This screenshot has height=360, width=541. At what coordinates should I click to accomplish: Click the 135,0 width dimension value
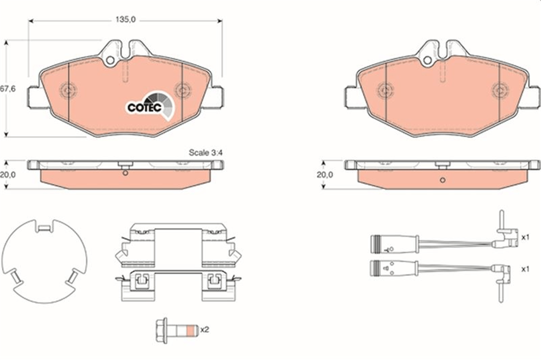(126, 19)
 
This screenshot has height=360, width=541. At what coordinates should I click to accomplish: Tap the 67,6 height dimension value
(8, 89)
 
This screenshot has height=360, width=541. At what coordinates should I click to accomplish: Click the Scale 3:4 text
(206, 153)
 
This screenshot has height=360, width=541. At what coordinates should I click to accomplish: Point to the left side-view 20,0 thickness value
(8, 174)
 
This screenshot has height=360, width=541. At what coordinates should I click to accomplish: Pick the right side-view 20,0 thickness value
(325, 174)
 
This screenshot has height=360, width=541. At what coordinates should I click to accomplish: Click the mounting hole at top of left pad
(110, 60)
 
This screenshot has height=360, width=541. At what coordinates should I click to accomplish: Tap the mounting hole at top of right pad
(427, 60)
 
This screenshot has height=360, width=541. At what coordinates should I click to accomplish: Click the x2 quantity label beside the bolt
(205, 329)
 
